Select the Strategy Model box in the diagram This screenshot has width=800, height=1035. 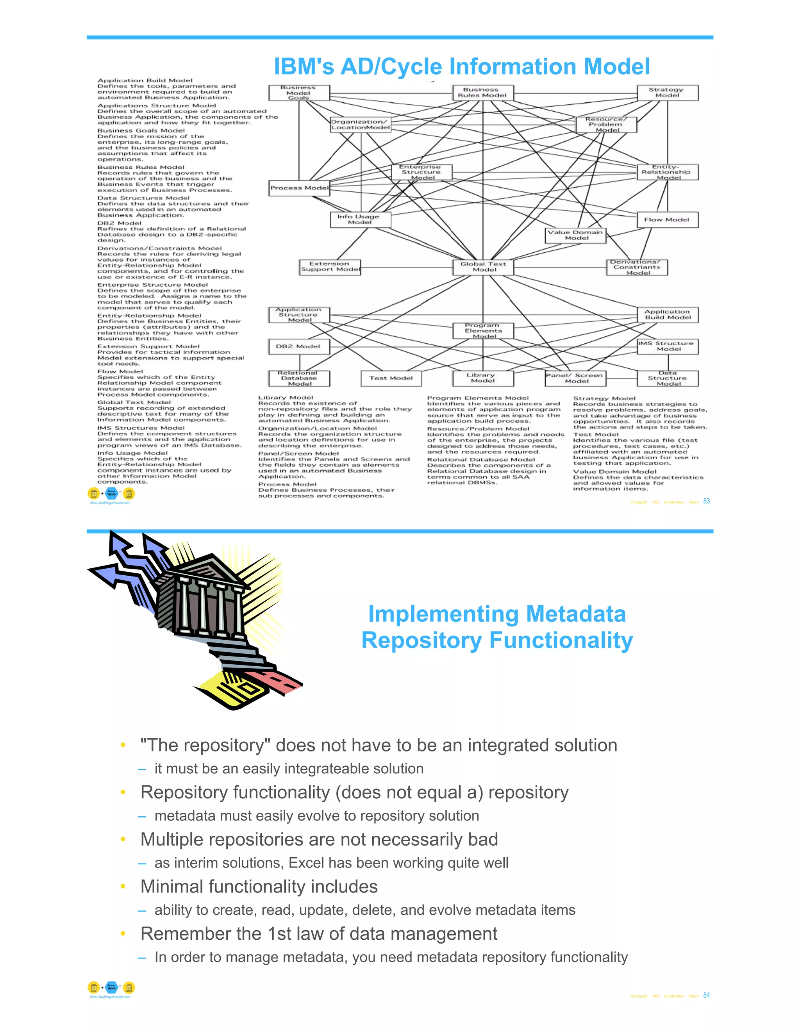click(x=667, y=93)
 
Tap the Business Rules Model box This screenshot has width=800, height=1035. click(x=482, y=93)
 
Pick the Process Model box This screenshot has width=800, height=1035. click(x=299, y=187)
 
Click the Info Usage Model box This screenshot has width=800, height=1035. click(x=360, y=219)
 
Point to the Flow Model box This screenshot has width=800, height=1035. click(x=667, y=219)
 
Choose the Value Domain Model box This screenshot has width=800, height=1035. click(x=575, y=235)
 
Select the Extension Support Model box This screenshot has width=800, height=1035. click(x=330, y=267)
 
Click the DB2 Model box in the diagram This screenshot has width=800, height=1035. click(x=298, y=346)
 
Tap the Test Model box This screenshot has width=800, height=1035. click(x=391, y=378)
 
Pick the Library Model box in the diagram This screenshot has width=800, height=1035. click(x=482, y=378)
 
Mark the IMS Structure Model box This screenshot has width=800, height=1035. click(x=668, y=346)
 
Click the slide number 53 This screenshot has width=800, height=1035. click(x=706, y=501)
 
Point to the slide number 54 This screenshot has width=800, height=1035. click(x=706, y=995)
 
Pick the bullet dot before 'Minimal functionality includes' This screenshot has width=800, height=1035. click(x=123, y=887)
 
